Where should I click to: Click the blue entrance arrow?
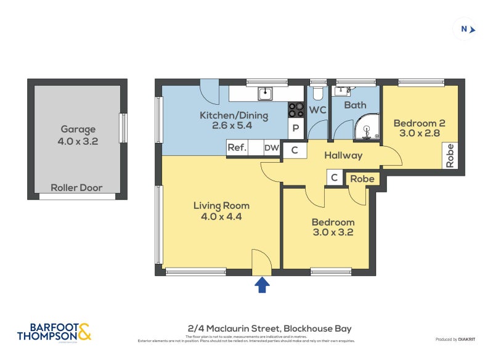tap(262, 284)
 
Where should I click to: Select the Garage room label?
tap(78, 129)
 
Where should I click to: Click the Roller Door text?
tap(76, 187)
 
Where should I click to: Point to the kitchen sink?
tap(266, 94)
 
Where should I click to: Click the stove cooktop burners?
tap(296, 109)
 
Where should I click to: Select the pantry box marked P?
tap(296, 129)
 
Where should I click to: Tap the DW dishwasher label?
tap(271, 148)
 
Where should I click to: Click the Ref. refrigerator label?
tap(237, 148)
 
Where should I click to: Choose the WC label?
tap(317, 110)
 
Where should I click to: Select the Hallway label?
tap(343, 155)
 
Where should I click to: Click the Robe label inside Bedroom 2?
tap(450, 155)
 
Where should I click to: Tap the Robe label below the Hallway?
tap(361, 178)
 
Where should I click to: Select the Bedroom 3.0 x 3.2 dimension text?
tap(333, 232)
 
